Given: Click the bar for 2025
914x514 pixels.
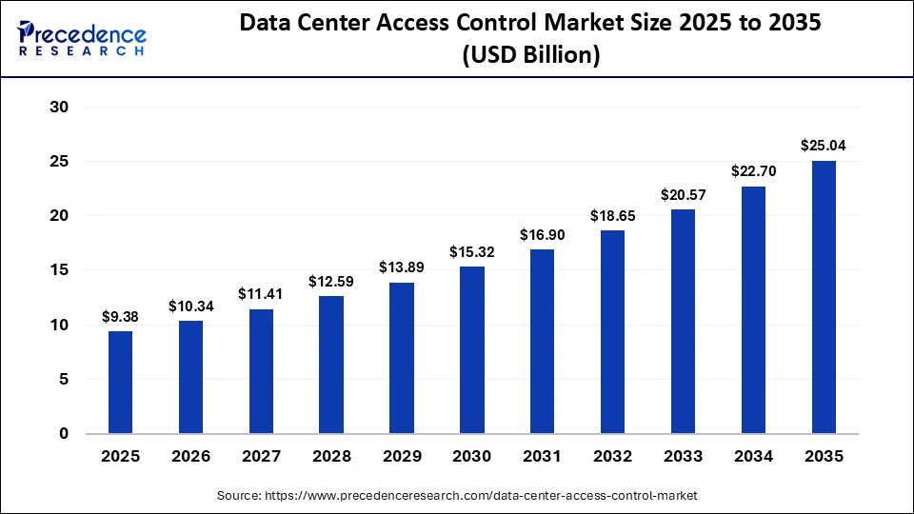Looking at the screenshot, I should coord(120,382).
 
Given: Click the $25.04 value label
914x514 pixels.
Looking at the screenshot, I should coord(824,146).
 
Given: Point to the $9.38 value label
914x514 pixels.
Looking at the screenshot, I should coord(120,316).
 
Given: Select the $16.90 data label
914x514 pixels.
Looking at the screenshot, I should coord(543,234).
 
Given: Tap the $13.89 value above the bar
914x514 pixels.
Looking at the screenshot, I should coord(402,267).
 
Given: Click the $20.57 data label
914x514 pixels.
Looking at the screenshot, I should coord(683,194).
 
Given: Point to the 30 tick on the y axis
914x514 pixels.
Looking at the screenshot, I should coord(59,108).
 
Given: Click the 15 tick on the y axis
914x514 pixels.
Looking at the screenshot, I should coord(59,270).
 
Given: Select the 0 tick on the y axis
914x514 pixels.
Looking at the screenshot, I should coord(64,434).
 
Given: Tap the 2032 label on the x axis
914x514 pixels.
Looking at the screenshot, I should coord(612,457).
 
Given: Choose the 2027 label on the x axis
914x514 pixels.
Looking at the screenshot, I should coord(261,457).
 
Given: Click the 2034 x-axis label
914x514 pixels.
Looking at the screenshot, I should coord(753,457).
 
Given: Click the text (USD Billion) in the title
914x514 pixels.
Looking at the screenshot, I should coord(530,55).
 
